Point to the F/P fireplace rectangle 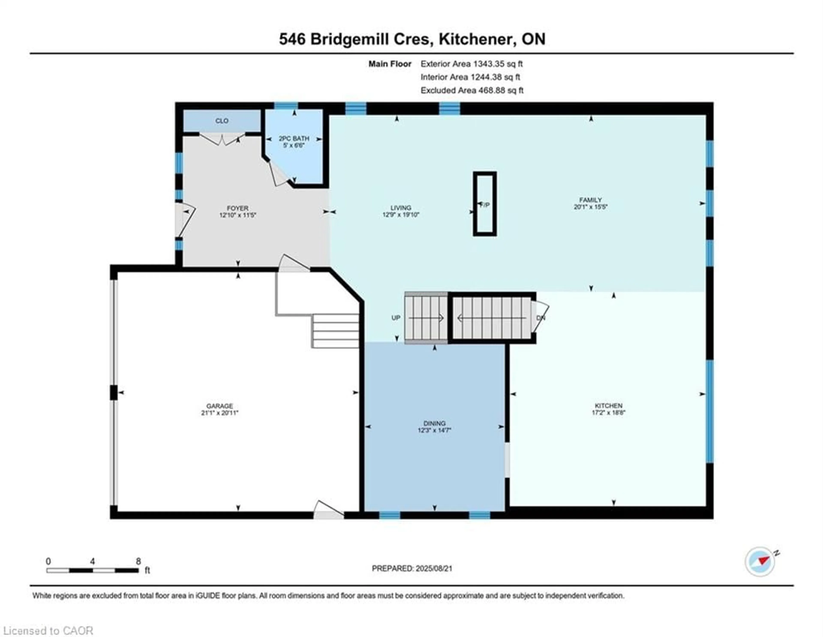click(485, 204)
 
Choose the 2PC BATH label click(294, 138)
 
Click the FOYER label click(237, 208)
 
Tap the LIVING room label click(401, 208)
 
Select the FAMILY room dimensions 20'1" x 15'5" click(590, 207)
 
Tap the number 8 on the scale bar click(138, 561)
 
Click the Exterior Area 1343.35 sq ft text click(472, 64)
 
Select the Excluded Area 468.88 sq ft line click(472, 90)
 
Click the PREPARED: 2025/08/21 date click(412, 568)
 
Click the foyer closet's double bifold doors click(222, 140)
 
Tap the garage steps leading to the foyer click(335, 331)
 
